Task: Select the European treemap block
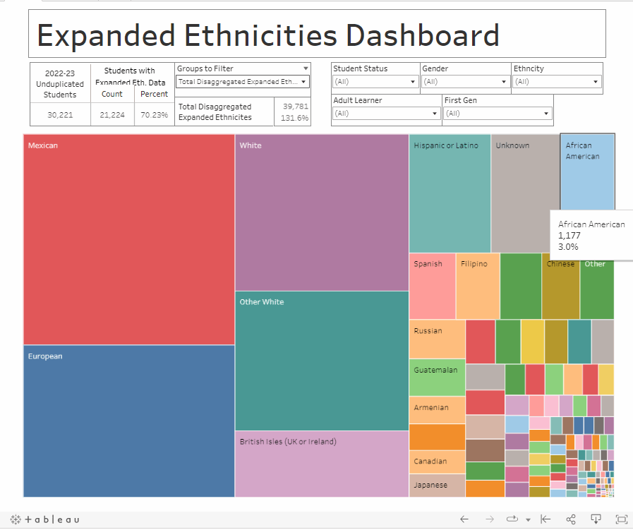pos(129,421)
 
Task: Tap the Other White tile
pos(322,361)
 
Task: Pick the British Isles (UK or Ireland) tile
pos(322,464)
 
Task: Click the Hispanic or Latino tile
pos(450,193)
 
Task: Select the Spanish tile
pos(432,286)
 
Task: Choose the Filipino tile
pos(477,286)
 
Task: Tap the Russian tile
pos(437,339)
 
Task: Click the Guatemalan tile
pos(437,377)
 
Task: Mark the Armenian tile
pos(437,409)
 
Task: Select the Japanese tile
pos(437,486)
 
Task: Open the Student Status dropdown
pos(375,82)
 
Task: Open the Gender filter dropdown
pos(466,82)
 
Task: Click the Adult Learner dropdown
pos(387,114)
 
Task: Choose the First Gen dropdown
pos(498,114)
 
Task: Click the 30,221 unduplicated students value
pos(60,115)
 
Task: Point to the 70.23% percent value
pos(153,115)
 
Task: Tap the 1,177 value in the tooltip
pos(569,236)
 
